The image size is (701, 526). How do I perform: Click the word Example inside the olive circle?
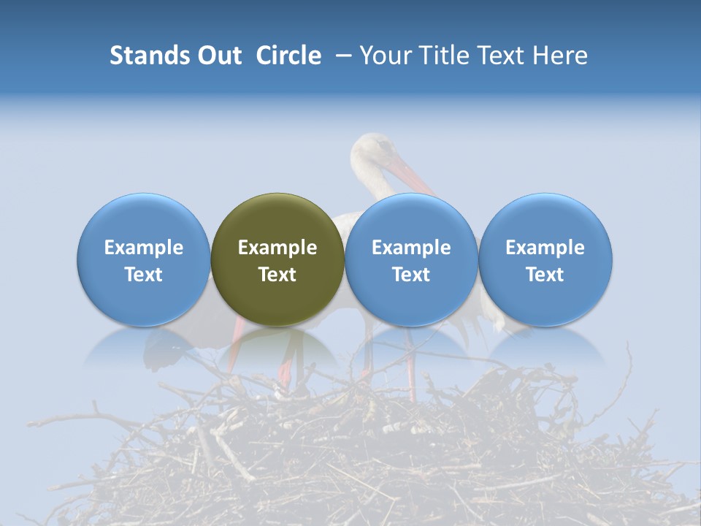tap(277, 248)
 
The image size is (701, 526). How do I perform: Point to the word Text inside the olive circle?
tap(277, 275)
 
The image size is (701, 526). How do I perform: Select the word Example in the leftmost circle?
tap(143, 248)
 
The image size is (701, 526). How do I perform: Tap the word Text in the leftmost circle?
tap(143, 275)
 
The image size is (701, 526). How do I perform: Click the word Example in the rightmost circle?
tap(545, 248)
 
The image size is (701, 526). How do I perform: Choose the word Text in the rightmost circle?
tap(545, 275)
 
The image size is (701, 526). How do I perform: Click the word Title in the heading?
tap(440, 56)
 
